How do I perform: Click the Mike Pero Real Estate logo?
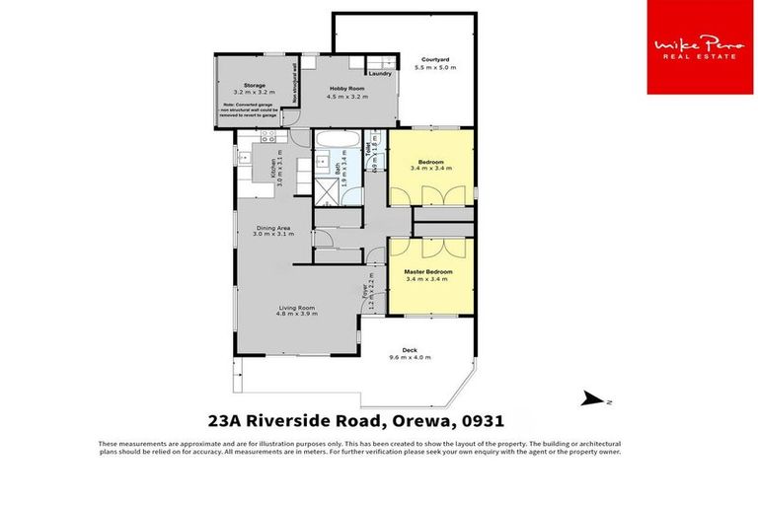700,47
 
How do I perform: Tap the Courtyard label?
435,60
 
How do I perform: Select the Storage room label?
241,86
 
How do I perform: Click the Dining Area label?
273,226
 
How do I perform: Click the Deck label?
409,348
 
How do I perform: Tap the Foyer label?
364,293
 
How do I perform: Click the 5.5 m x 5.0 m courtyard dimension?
435,69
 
